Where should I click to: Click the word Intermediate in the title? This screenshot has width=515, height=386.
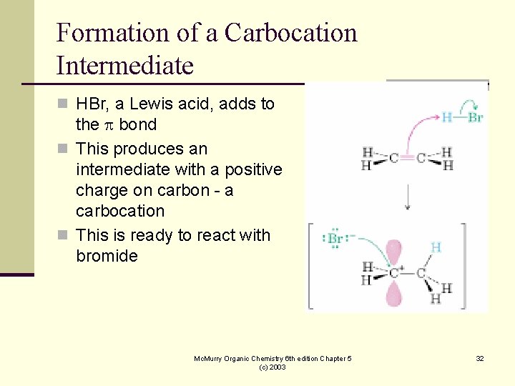pyautogui.click(x=124, y=66)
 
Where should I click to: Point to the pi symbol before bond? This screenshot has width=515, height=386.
pyautogui.click(x=109, y=125)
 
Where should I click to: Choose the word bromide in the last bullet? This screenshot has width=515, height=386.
pyautogui.click(x=107, y=256)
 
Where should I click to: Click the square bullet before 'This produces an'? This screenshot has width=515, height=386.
pyautogui.click(x=62, y=149)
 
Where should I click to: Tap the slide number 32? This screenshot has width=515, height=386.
pyautogui.click(x=480, y=358)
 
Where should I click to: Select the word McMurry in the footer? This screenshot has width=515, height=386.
pyautogui.click(x=210, y=358)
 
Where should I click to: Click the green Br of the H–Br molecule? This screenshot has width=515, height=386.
pyautogui.click(x=475, y=117)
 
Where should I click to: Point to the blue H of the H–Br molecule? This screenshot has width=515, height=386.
pyautogui.click(x=446, y=117)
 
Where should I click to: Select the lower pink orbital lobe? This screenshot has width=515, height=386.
pyautogui.click(x=393, y=293)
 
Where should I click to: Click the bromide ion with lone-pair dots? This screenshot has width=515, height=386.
pyautogui.click(x=334, y=239)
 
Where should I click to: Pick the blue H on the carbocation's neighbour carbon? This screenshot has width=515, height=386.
pyautogui.click(x=436, y=247)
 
